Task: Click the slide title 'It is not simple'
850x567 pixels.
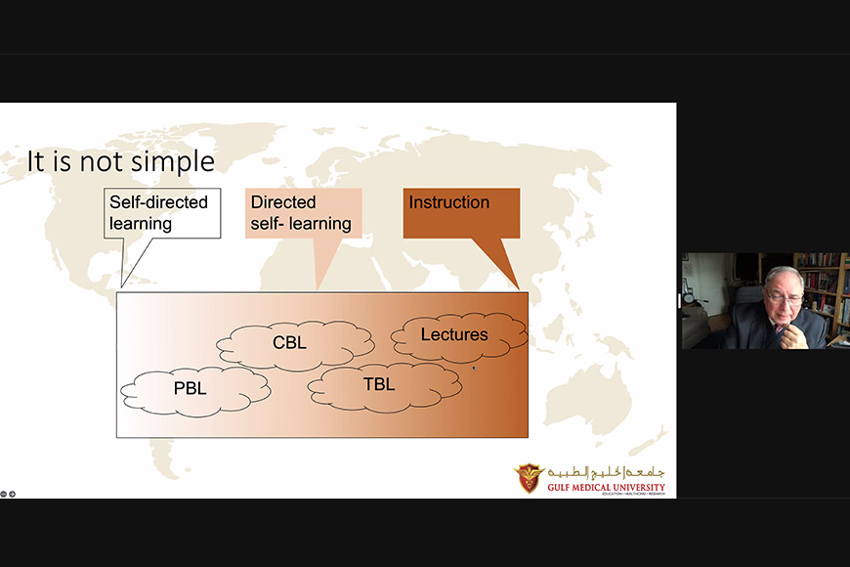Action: point(121,161)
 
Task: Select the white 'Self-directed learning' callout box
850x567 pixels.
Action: point(162,213)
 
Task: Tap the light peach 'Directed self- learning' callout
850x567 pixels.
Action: point(303,213)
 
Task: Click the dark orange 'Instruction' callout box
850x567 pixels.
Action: point(461,213)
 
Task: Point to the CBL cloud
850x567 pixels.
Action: point(295,345)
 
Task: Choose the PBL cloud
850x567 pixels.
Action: point(195,391)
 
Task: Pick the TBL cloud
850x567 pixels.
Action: point(385,387)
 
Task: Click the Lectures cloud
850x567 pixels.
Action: point(459,336)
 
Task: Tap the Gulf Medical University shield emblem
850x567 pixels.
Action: point(529,477)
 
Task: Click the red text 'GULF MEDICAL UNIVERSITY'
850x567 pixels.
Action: point(606,487)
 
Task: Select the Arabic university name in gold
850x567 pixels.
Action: point(606,472)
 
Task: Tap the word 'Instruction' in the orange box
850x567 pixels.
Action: point(448,202)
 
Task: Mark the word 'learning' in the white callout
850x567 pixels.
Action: point(141,224)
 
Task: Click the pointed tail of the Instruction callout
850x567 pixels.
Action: point(519,289)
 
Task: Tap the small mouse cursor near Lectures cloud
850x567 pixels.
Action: point(473,369)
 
